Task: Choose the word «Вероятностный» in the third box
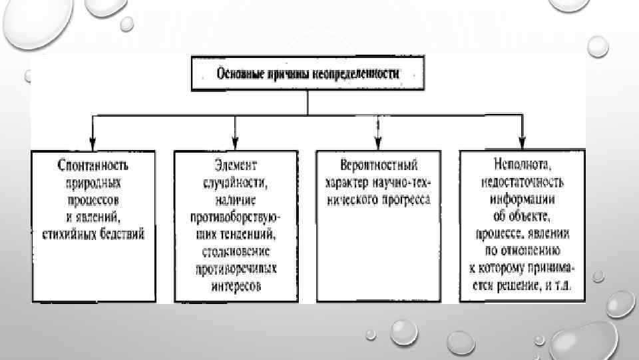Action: click(377, 163)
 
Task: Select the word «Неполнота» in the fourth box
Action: click(521, 163)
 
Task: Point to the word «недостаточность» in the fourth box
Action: click(521, 181)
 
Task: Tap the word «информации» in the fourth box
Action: click(521, 199)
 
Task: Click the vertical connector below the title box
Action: click(307, 103)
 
